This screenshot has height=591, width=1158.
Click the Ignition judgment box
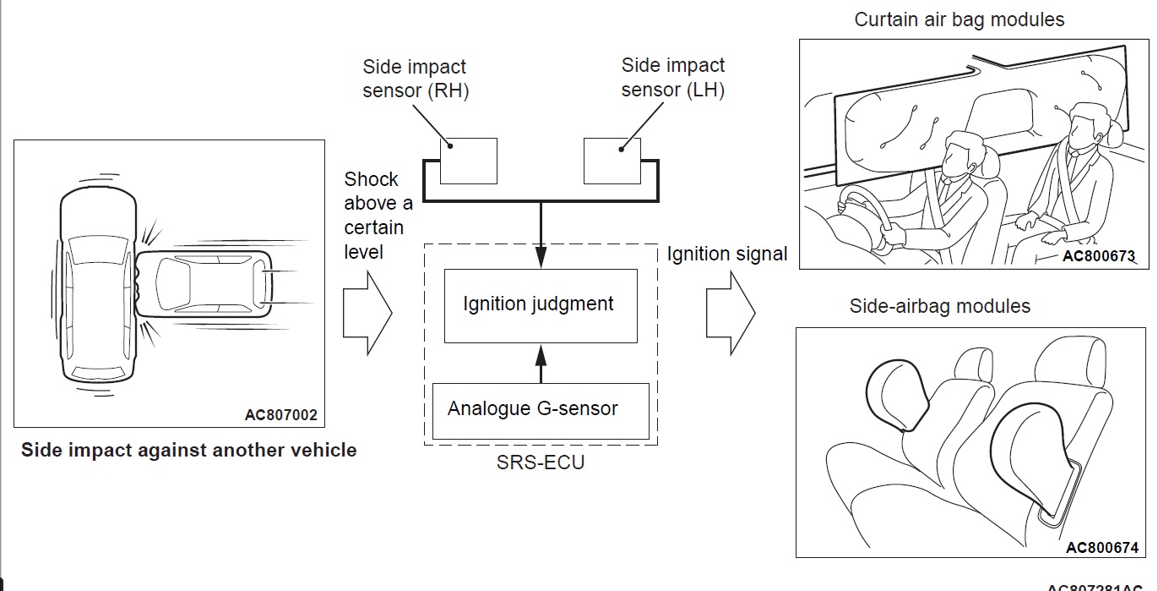(541, 305)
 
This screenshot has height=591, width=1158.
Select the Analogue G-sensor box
(541, 410)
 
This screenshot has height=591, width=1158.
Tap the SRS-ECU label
(541, 462)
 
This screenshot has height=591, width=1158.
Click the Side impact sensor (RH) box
(469, 161)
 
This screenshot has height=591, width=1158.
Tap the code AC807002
(281, 414)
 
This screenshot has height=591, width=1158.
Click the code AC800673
(1099, 254)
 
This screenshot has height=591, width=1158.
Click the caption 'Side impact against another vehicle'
(188, 450)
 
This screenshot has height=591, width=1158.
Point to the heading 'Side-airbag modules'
(940, 306)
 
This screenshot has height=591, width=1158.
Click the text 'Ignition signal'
(727, 254)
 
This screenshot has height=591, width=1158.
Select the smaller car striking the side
(203, 282)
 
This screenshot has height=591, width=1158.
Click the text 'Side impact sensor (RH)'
(415, 79)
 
